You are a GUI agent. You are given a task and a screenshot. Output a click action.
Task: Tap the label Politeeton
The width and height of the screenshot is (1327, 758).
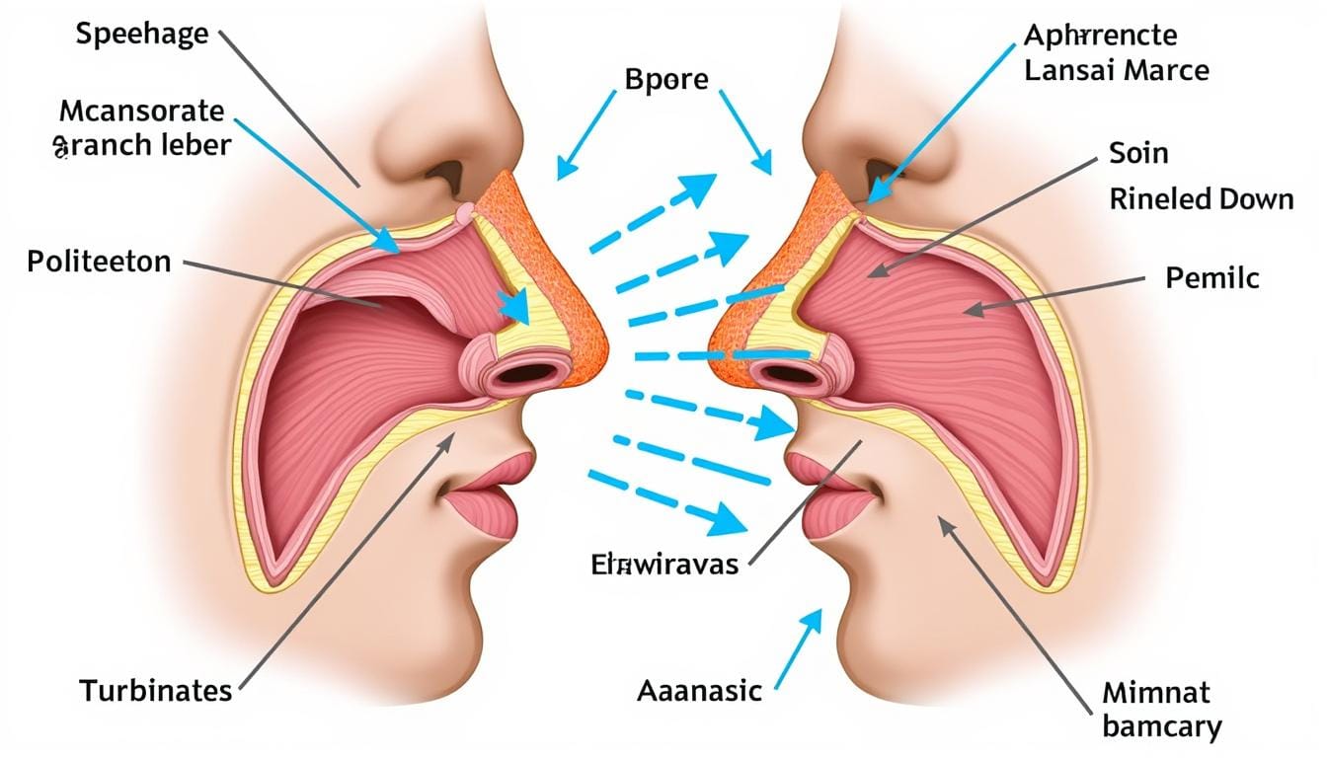[100, 262]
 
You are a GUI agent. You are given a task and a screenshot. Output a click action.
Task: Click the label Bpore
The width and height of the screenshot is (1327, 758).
[667, 79]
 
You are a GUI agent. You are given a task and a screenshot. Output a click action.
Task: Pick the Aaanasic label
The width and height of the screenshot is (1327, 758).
[699, 690]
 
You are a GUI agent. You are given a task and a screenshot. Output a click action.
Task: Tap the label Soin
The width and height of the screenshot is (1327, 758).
[1138, 153]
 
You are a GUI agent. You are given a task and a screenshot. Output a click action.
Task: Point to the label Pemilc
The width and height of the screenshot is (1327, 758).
[1212, 277]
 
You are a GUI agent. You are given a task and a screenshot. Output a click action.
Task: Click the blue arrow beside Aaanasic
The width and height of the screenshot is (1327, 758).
[798, 645]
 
